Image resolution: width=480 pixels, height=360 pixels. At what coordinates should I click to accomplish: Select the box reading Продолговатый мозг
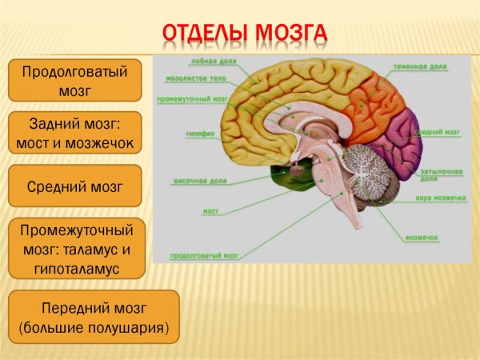coord(74,80)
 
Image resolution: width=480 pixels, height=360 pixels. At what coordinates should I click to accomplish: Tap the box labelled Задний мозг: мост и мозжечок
coord(74,134)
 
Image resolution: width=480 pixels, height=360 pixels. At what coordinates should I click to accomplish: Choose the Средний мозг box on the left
coord(74,186)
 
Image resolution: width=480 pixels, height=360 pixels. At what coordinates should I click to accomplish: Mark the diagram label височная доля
coord(194,182)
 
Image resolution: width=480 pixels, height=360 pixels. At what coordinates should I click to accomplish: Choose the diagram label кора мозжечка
coord(440,197)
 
